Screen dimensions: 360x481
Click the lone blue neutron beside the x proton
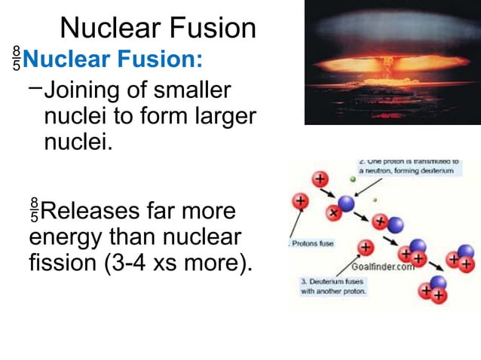click(346, 203)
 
